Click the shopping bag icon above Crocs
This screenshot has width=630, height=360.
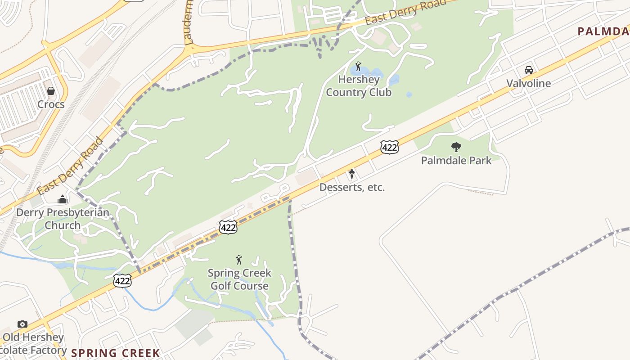click(51, 91)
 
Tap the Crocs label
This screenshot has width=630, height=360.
click(51, 104)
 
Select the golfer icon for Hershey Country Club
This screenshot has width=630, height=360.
click(358, 67)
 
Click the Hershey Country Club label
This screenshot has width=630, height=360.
click(359, 86)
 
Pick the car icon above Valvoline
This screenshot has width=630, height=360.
click(529, 70)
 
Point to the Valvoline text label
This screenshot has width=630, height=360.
click(529, 83)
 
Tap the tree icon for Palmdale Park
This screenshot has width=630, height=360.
click(456, 147)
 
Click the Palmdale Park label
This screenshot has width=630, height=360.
click(456, 160)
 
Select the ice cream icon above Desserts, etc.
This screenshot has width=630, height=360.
click(352, 174)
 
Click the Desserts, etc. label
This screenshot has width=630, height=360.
click(352, 187)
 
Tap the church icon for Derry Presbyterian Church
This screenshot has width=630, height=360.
click(63, 199)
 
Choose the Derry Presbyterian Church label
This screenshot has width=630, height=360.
click(63, 219)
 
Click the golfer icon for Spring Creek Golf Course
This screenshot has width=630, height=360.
click(239, 260)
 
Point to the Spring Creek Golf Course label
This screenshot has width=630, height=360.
click(239, 279)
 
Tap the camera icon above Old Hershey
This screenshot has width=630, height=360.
click(22, 324)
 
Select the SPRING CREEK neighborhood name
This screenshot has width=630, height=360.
click(116, 353)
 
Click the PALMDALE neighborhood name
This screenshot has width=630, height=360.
click(603, 31)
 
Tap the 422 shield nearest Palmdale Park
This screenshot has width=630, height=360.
click(389, 147)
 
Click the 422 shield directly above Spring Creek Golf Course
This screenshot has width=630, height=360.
click(228, 227)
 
